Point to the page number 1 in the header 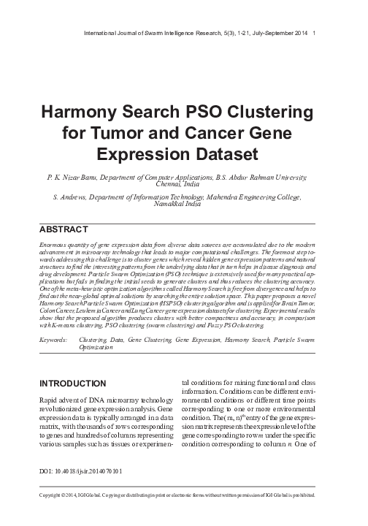pyautogui.click(x=314, y=34)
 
